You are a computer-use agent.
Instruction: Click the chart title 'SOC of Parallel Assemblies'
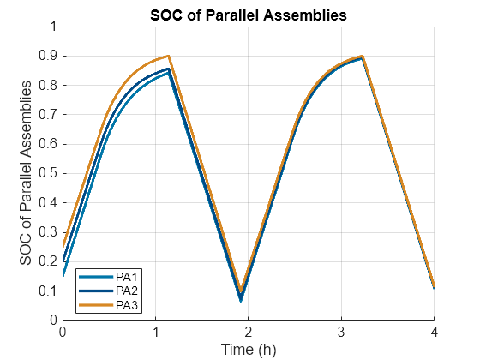(x=248, y=15)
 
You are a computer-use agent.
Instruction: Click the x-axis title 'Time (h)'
(x=248, y=349)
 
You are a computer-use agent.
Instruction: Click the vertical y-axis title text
(x=29, y=173)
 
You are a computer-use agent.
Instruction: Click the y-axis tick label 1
(x=53, y=27)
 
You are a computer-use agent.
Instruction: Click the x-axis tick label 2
(x=248, y=332)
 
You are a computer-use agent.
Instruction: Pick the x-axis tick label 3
(x=341, y=332)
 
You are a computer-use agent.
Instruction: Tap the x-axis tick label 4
(x=434, y=332)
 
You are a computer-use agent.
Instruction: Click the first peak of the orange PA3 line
(x=169, y=56)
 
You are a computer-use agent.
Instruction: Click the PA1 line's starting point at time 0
(x=63, y=276)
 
